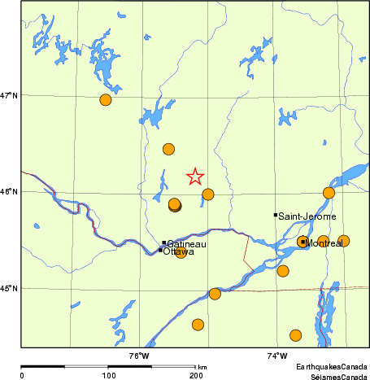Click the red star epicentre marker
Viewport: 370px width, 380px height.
[195, 176]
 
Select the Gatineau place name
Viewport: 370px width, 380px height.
[187, 244]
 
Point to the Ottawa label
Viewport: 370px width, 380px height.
[179, 252]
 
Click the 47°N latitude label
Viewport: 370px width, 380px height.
[10, 96]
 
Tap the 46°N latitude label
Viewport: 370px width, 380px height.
[10, 192]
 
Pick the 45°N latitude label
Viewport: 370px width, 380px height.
[10, 288]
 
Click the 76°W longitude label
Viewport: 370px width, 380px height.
[139, 355]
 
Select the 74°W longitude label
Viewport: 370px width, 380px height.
[276, 355]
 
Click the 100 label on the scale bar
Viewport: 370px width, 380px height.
[108, 376]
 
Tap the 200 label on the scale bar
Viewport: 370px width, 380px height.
[196, 376]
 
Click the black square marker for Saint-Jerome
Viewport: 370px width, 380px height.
[276, 215]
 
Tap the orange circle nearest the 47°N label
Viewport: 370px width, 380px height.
[105, 100]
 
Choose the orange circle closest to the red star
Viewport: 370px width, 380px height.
[208, 194]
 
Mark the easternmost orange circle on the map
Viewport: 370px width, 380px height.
[344, 241]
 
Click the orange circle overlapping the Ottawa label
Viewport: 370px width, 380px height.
[181, 253]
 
